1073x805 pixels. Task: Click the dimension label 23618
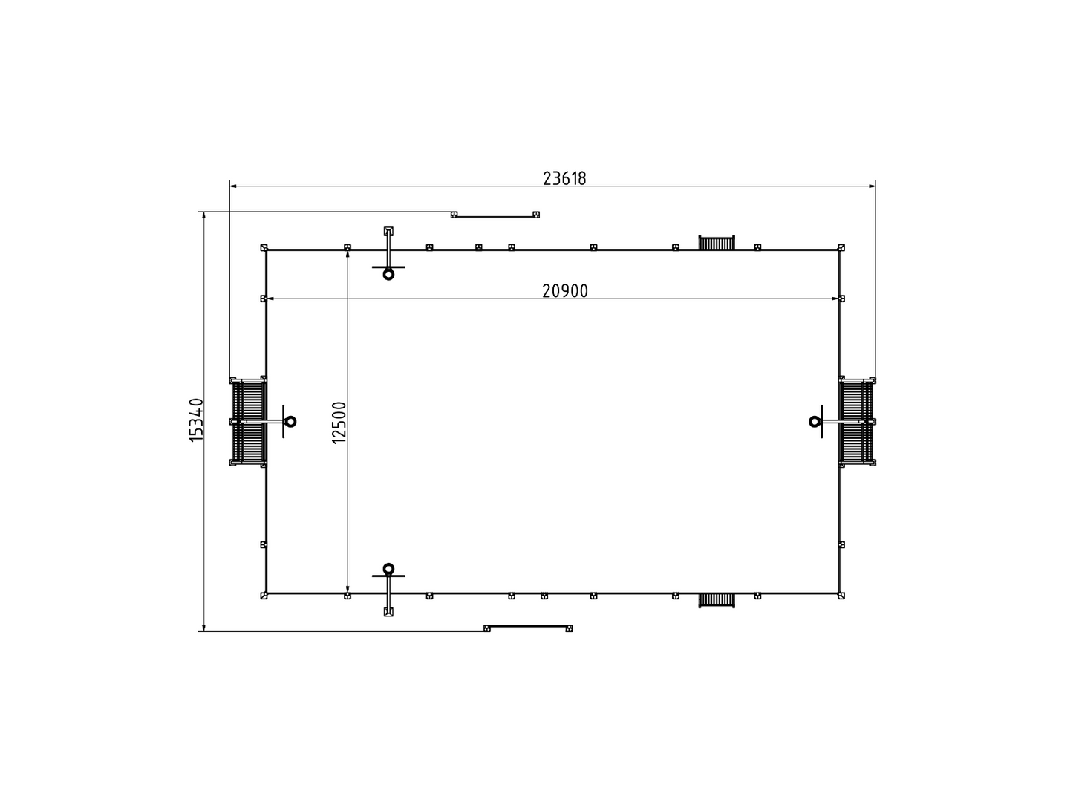click(564, 178)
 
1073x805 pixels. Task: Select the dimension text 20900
click(564, 291)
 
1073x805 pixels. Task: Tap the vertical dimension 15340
click(197, 420)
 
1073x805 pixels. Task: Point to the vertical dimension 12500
click(339, 423)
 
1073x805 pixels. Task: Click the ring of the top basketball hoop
click(388, 274)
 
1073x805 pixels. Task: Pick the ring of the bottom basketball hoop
click(388, 569)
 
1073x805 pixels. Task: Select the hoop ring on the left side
click(290, 421)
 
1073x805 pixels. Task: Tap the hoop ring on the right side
click(815, 421)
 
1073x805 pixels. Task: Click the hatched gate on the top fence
click(717, 243)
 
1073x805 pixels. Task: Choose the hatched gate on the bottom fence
click(717, 600)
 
